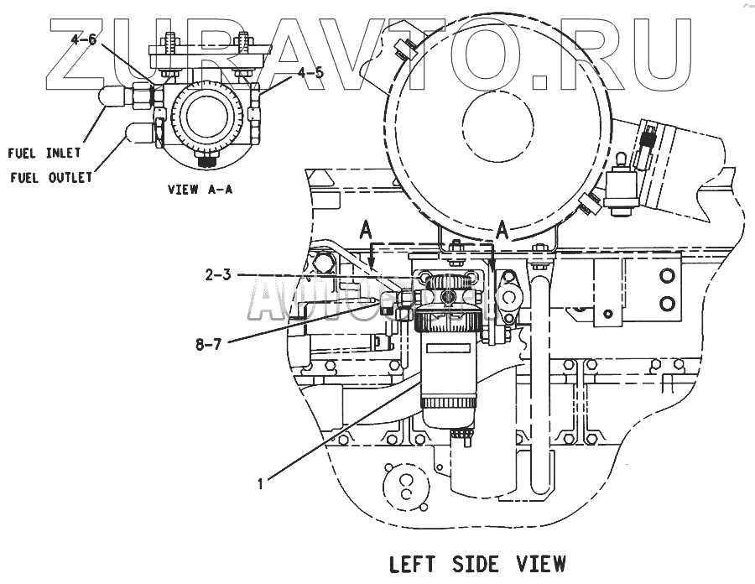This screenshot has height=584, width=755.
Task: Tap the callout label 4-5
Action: tap(308, 72)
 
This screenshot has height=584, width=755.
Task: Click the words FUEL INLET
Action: tap(44, 153)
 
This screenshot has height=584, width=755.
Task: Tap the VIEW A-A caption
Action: tap(200, 190)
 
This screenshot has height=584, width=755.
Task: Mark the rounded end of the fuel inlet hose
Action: tap(107, 98)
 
